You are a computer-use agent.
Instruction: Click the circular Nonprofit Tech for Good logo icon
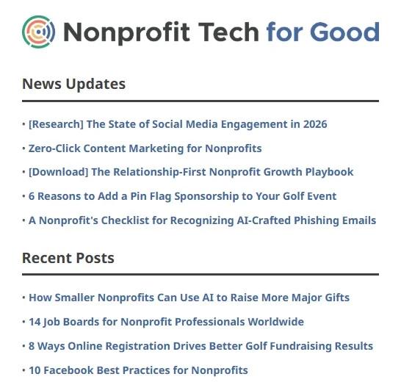[x=39, y=32]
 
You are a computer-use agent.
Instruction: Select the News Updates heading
[x=73, y=84]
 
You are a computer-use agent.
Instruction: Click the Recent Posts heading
[x=68, y=258]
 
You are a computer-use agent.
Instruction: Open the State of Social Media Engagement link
[x=178, y=124]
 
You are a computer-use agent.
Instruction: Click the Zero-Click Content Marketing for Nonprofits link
[x=145, y=148]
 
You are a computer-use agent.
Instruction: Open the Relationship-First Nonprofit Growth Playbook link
[x=191, y=172]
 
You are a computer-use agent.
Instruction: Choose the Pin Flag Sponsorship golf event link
[x=182, y=196]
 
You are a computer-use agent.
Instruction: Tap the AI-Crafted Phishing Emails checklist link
[x=202, y=220]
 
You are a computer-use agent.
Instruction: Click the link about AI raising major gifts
[x=189, y=298]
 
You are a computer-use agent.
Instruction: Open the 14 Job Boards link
[x=166, y=322]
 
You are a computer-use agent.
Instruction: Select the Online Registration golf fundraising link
[x=201, y=346]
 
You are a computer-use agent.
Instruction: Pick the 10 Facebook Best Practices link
[x=138, y=370]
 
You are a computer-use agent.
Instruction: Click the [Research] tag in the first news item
[x=56, y=124]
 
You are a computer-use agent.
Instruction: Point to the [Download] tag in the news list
[x=59, y=172]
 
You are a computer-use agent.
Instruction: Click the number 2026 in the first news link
[x=314, y=124]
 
